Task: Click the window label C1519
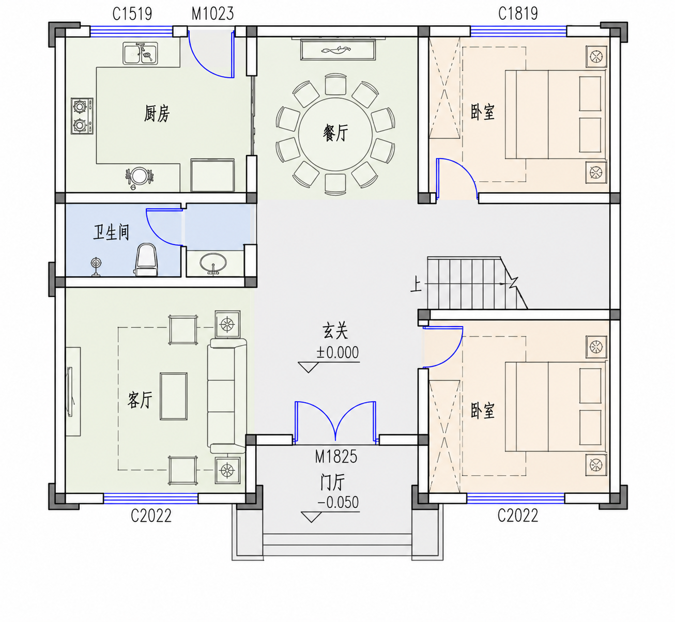[x=132, y=14]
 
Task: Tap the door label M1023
[x=213, y=14]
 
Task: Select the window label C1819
[x=518, y=14]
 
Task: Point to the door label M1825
[x=336, y=457]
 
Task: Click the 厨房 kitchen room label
[x=157, y=113]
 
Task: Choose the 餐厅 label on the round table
[x=335, y=133]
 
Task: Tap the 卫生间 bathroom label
[x=111, y=232]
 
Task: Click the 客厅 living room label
[x=140, y=400]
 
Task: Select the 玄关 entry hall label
[x=335, y=331]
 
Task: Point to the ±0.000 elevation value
[x=337, y=352]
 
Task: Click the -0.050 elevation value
[x=338, y=502]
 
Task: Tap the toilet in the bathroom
[x=146, y=259]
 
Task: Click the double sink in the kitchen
[x=140, y=53]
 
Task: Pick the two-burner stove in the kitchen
[x=82, y=116]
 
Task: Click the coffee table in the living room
[x=174, y=396]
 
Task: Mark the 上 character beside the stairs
[x=416, y=285]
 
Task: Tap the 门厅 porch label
[x=333, y=482]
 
